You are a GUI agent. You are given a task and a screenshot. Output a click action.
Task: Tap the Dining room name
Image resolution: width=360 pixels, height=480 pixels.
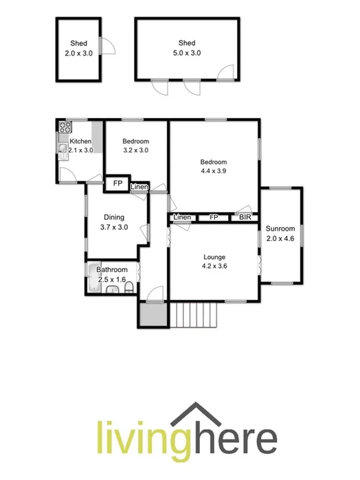(114, 218)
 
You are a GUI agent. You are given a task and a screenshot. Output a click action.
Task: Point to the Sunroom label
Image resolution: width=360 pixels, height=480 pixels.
(280, 229)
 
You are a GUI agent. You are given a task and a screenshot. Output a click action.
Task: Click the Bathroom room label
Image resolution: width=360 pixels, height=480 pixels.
(111, 270)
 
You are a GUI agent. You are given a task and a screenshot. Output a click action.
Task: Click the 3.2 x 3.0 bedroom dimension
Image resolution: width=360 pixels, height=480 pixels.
(135, 150)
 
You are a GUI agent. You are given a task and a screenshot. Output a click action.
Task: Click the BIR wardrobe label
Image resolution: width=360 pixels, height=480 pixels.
(245, 218)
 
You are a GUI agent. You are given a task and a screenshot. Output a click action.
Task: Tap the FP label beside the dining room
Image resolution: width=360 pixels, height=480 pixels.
(117, 184)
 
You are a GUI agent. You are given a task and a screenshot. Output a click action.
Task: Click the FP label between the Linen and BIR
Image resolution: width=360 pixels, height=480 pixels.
(214, 218)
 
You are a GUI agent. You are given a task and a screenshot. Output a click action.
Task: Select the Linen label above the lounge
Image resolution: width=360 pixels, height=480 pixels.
(182, 218)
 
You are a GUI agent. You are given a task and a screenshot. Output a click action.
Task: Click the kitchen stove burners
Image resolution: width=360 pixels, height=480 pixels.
(66, 127)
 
